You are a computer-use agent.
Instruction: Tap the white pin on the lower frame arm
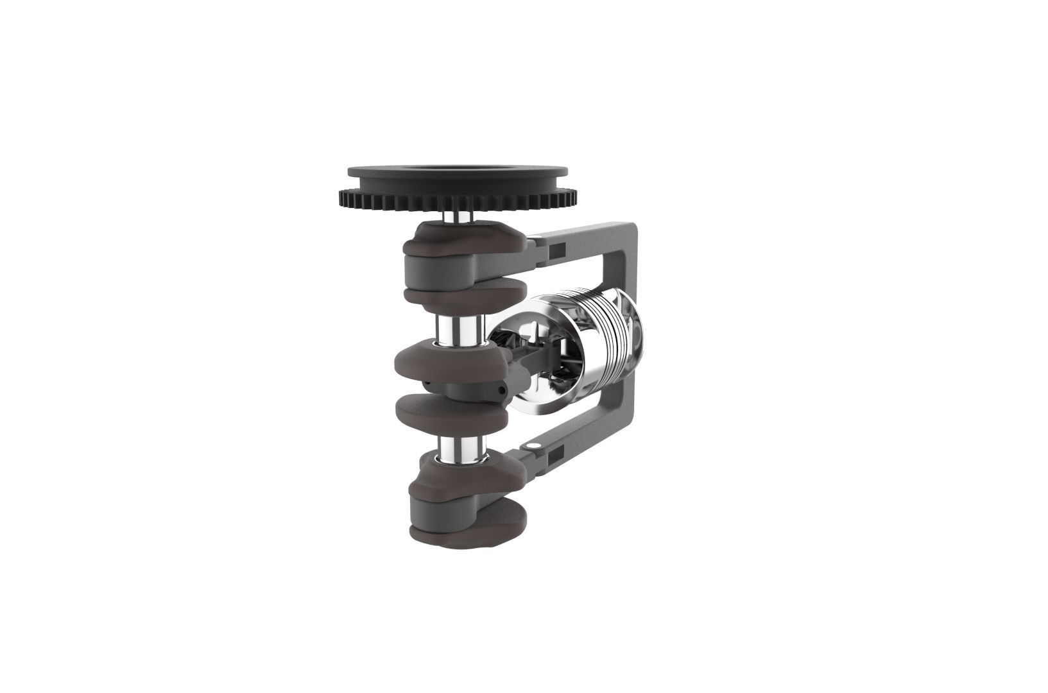tap(532, 445)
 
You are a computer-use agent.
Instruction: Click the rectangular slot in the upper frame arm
tap(558, 247)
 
